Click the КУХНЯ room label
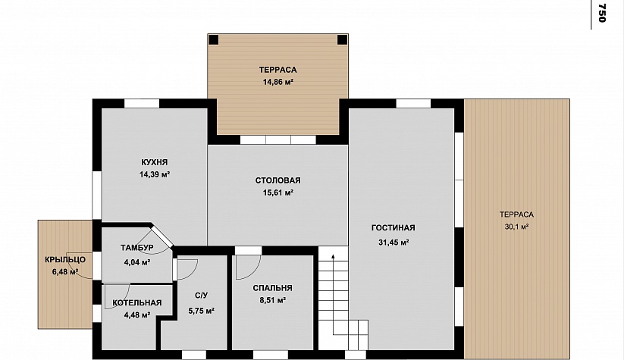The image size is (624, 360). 155,162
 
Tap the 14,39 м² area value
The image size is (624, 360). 155,174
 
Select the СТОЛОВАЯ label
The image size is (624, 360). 278,180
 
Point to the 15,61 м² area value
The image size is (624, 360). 278,193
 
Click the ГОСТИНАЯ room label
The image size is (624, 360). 394,228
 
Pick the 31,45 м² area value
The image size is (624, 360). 394,243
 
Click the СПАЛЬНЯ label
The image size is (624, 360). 273,288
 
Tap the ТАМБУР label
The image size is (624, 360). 137,248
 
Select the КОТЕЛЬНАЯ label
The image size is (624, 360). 137,302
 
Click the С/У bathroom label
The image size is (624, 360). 202,296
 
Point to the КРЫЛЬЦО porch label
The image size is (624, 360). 65,260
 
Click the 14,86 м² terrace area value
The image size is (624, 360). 278,83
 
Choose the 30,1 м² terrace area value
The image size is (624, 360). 516,227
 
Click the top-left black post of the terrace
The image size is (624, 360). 214,39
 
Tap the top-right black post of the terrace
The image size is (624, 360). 342,39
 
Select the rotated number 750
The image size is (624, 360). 602,14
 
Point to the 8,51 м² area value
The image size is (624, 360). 273,300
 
